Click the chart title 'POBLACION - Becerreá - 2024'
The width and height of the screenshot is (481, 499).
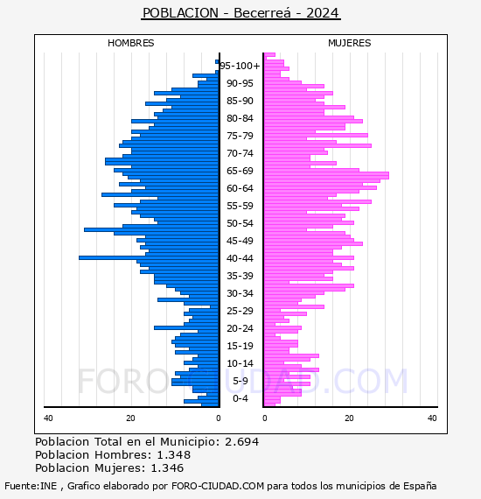240,13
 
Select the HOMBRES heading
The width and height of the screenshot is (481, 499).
130,43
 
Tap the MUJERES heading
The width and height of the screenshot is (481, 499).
350,43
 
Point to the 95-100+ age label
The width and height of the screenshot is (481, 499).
240,66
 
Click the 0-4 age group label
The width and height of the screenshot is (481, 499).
240,398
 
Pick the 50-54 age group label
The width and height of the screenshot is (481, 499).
240,223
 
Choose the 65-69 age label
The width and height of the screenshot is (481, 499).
240,171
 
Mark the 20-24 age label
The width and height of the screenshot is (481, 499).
240,328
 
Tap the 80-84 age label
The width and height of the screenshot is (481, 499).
240,118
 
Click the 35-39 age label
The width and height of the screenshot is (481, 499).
240,276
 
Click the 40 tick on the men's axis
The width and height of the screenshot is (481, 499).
48,418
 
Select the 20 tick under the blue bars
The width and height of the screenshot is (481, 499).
130,418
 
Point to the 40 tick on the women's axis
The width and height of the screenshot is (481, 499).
432,418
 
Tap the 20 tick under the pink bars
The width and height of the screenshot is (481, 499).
350,418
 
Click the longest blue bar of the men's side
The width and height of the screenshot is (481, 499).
149,257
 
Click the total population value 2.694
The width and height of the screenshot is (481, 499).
242,442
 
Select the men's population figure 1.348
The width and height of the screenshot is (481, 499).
174,454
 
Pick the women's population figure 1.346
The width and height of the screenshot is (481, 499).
167,467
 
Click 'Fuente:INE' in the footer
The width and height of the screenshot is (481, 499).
31,486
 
